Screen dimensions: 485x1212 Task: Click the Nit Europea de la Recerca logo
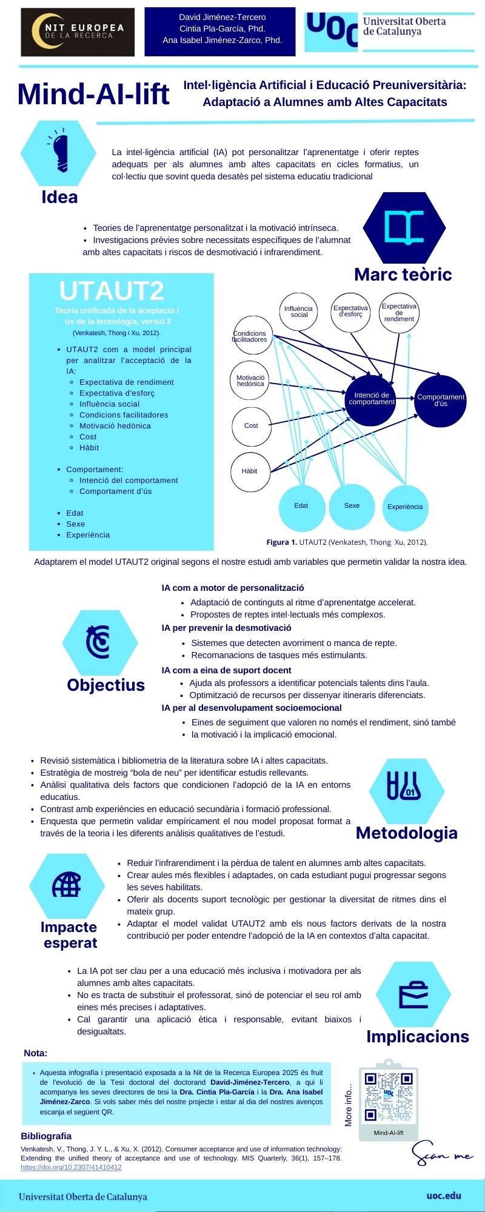78,32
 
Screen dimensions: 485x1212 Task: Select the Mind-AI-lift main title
93,95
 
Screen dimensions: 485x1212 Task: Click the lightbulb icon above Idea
59,151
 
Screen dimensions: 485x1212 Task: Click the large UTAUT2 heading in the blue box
112,291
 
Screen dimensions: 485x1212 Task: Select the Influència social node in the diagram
299,311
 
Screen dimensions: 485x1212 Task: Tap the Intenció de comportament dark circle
372,399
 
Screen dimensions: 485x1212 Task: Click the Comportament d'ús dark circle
441,401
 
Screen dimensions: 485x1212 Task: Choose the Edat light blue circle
301,506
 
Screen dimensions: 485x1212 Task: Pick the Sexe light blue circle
352,506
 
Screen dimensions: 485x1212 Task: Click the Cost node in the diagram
251,426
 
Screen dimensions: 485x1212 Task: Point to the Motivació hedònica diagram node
250,381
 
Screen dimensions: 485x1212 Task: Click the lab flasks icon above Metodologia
404,786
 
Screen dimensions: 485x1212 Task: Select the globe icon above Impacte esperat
67,885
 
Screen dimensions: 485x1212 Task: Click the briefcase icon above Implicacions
413,994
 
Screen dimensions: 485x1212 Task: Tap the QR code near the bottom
389,1097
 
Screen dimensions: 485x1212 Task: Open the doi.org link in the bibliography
71,1167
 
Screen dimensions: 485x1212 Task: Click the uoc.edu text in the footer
444,1196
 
